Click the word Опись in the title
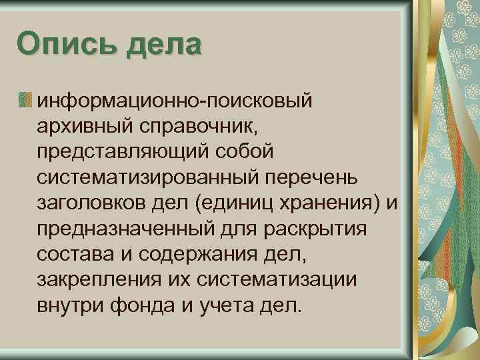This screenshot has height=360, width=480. pos(57,45)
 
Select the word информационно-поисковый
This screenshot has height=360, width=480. pos(175,101)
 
